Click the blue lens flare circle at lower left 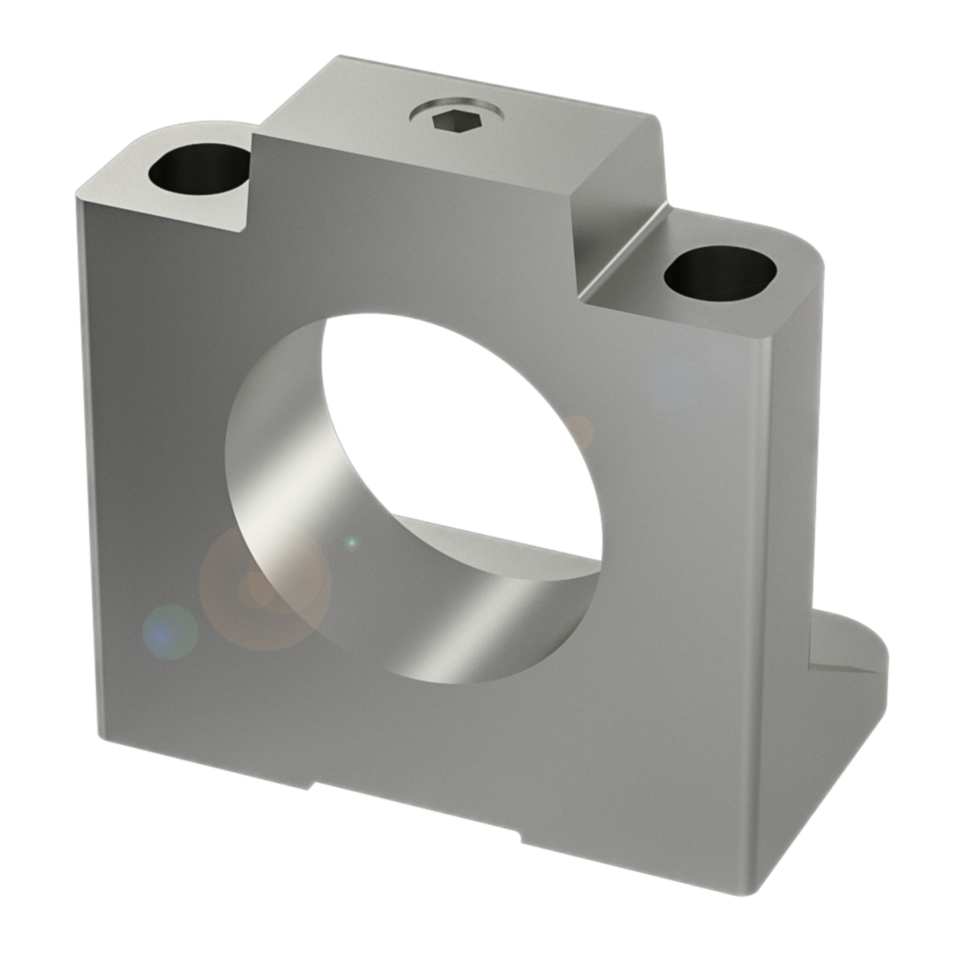tap(170, 631)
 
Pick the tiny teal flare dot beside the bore tap(350, 542)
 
